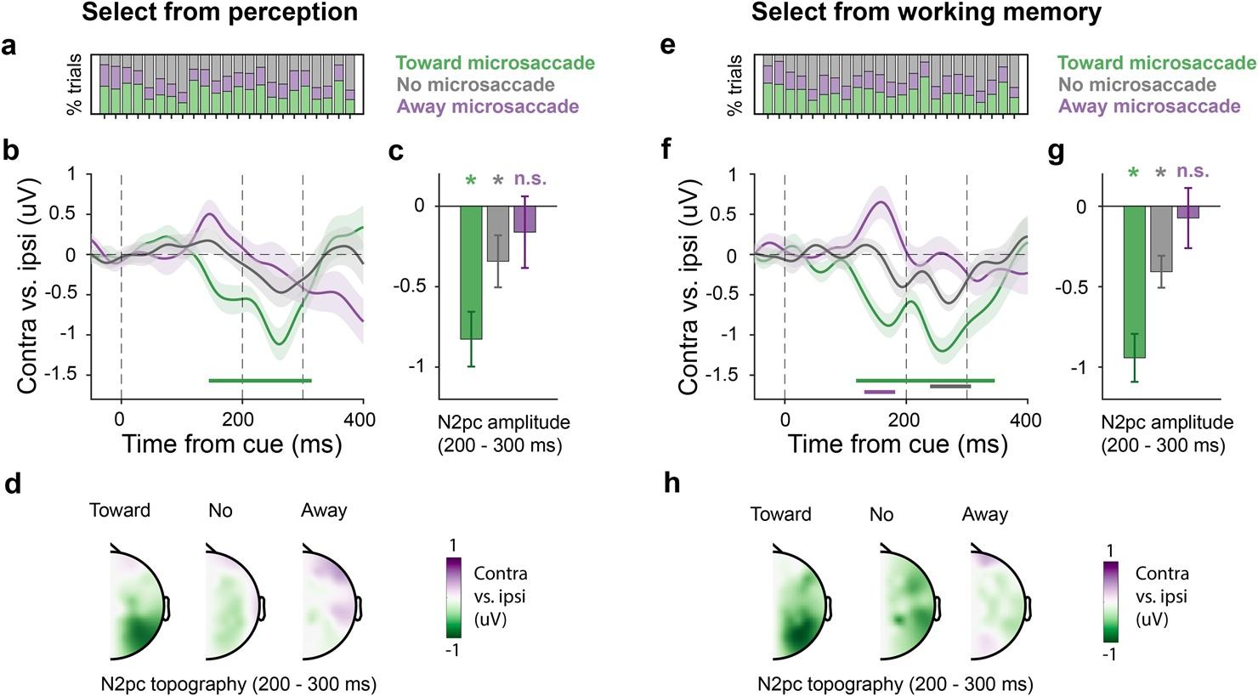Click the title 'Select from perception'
pos(219,13)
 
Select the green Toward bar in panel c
pos(471,272)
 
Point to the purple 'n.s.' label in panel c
pos(530,179)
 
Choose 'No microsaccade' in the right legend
pos(1137,85)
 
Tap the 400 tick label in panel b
pos(363,416)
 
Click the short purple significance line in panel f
pos(879,392)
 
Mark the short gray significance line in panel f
pos(949,387)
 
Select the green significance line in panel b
pos(260,381)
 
